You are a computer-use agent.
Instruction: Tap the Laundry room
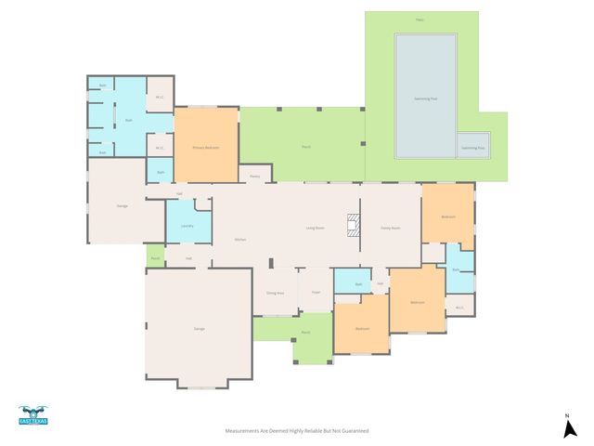(187, 225)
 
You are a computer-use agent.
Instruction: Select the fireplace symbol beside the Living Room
(352, 226)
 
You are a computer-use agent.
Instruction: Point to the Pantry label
(254, 175)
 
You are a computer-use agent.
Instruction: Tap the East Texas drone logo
(32, 415)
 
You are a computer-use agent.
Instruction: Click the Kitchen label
(239, 240)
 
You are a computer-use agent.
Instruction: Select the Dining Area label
(275, 293)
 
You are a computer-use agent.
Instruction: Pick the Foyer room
(316, 291)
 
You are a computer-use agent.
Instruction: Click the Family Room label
(390, 228)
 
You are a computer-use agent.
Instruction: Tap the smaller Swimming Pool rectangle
(473, 146)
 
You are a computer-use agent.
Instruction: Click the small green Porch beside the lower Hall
(155, 257)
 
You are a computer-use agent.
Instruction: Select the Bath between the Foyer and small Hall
(358, 283)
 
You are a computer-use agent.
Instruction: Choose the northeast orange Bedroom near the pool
(448, 216)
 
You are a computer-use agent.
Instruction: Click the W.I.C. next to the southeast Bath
(458, 305)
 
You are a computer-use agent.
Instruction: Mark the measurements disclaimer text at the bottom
(298, 431)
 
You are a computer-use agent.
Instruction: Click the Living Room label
(315, 228)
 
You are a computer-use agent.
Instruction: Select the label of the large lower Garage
(198, 329)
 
